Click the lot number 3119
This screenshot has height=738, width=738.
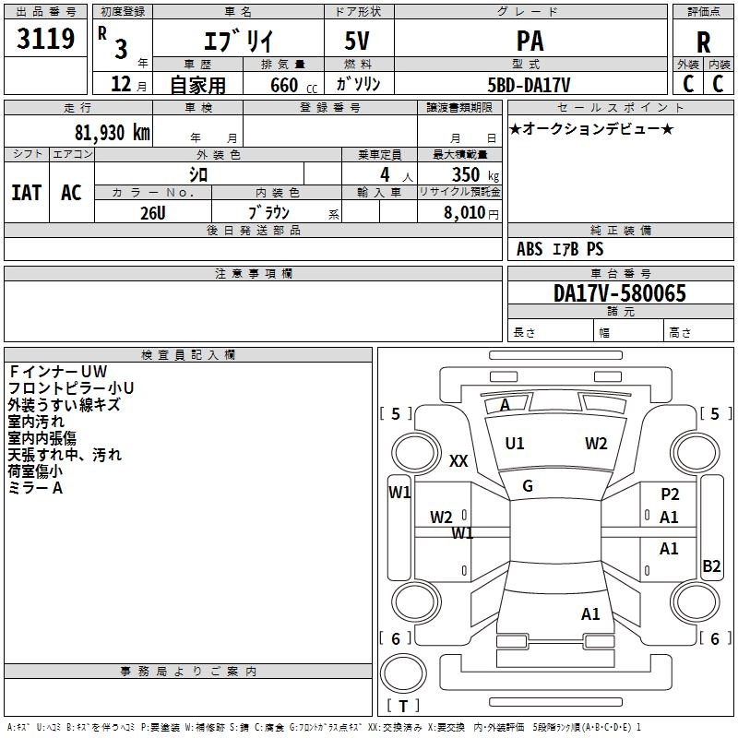(x=46, y=39)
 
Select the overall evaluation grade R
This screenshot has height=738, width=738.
(x=703, y=42)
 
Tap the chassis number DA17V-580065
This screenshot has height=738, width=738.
(x=620, y=293)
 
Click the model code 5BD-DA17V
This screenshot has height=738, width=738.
(x=530, y=84)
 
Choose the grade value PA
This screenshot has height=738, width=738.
(x=530, y=42)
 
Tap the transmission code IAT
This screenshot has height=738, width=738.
(x=26, y=193)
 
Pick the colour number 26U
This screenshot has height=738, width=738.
(x=152, y=212)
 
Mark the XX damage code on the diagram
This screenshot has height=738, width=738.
(x=458, y=461)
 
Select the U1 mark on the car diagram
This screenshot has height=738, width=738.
(x=515, y=444)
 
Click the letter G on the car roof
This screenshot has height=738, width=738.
(x=528, y=486)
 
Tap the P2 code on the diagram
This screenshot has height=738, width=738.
(x=670, y=494)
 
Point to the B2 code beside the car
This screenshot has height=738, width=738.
(x=711, y=566)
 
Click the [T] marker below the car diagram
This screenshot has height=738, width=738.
(x=402, y=707)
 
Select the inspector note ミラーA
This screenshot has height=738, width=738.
(x=36, y=488)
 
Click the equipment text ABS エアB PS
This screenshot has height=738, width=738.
(x=560, y=249)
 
